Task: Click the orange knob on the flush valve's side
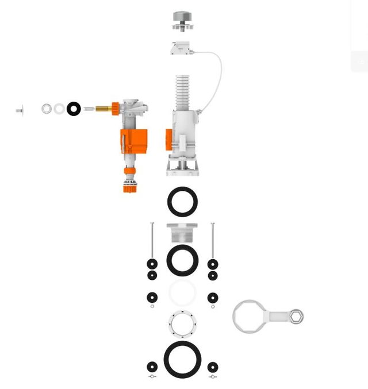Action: coord(168,140)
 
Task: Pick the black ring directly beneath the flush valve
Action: coord(182,202)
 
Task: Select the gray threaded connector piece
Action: coord(182,233)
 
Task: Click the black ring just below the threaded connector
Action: coord(182,260)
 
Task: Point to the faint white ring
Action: coord(182,293)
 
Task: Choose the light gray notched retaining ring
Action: coord(182,325)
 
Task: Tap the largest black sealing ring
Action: coord(182,360)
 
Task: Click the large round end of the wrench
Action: coord(249,316)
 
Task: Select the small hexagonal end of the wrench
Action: coord(296,316)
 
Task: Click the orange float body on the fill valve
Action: coord(134,141)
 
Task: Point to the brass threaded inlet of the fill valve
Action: coord(103,109)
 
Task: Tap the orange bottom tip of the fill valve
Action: coord(130,186)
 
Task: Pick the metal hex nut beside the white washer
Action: coord(47,109)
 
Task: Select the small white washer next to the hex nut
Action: coord(59,109)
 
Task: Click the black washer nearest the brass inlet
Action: coord(74,109)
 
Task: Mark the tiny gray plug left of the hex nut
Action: coord(20,109)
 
